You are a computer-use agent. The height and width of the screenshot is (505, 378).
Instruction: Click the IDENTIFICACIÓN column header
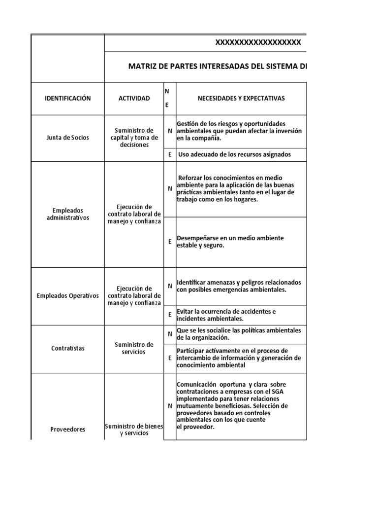[x=67, y=99]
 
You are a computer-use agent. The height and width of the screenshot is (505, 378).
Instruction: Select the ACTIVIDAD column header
[x=134, y=99]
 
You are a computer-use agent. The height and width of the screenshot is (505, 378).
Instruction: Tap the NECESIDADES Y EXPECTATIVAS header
[x=241, y=99]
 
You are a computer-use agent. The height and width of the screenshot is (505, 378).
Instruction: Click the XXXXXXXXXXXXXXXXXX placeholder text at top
[x=257, y=43]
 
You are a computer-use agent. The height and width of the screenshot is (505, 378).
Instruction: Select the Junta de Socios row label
[x=67, y=138]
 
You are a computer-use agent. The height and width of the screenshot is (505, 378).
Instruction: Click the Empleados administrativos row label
[x=67, y=214]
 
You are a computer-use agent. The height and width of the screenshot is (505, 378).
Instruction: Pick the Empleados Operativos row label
[x=67, y=295]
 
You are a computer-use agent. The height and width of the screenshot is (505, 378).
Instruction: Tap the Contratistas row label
[x=67, y=348]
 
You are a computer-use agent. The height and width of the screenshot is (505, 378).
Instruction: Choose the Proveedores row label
[x=67, y=429]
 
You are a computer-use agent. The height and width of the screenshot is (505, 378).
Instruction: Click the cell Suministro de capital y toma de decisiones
[x=134, y=138]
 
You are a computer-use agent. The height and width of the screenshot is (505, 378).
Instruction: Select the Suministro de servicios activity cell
[x=134, y=348]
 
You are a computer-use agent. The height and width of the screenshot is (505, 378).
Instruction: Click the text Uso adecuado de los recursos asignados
[x=234, y=154]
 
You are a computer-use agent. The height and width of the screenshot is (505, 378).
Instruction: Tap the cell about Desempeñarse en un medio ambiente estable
[x=230, y=242]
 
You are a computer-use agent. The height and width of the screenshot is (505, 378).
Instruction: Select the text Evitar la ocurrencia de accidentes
[x=226, y=315]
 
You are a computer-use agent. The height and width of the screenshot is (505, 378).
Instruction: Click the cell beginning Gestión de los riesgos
[x=239, y=131]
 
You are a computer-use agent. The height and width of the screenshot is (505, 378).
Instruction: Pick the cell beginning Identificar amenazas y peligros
[x=239, y=286]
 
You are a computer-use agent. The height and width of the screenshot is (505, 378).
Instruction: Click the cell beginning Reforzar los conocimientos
[x=235, y=188]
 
